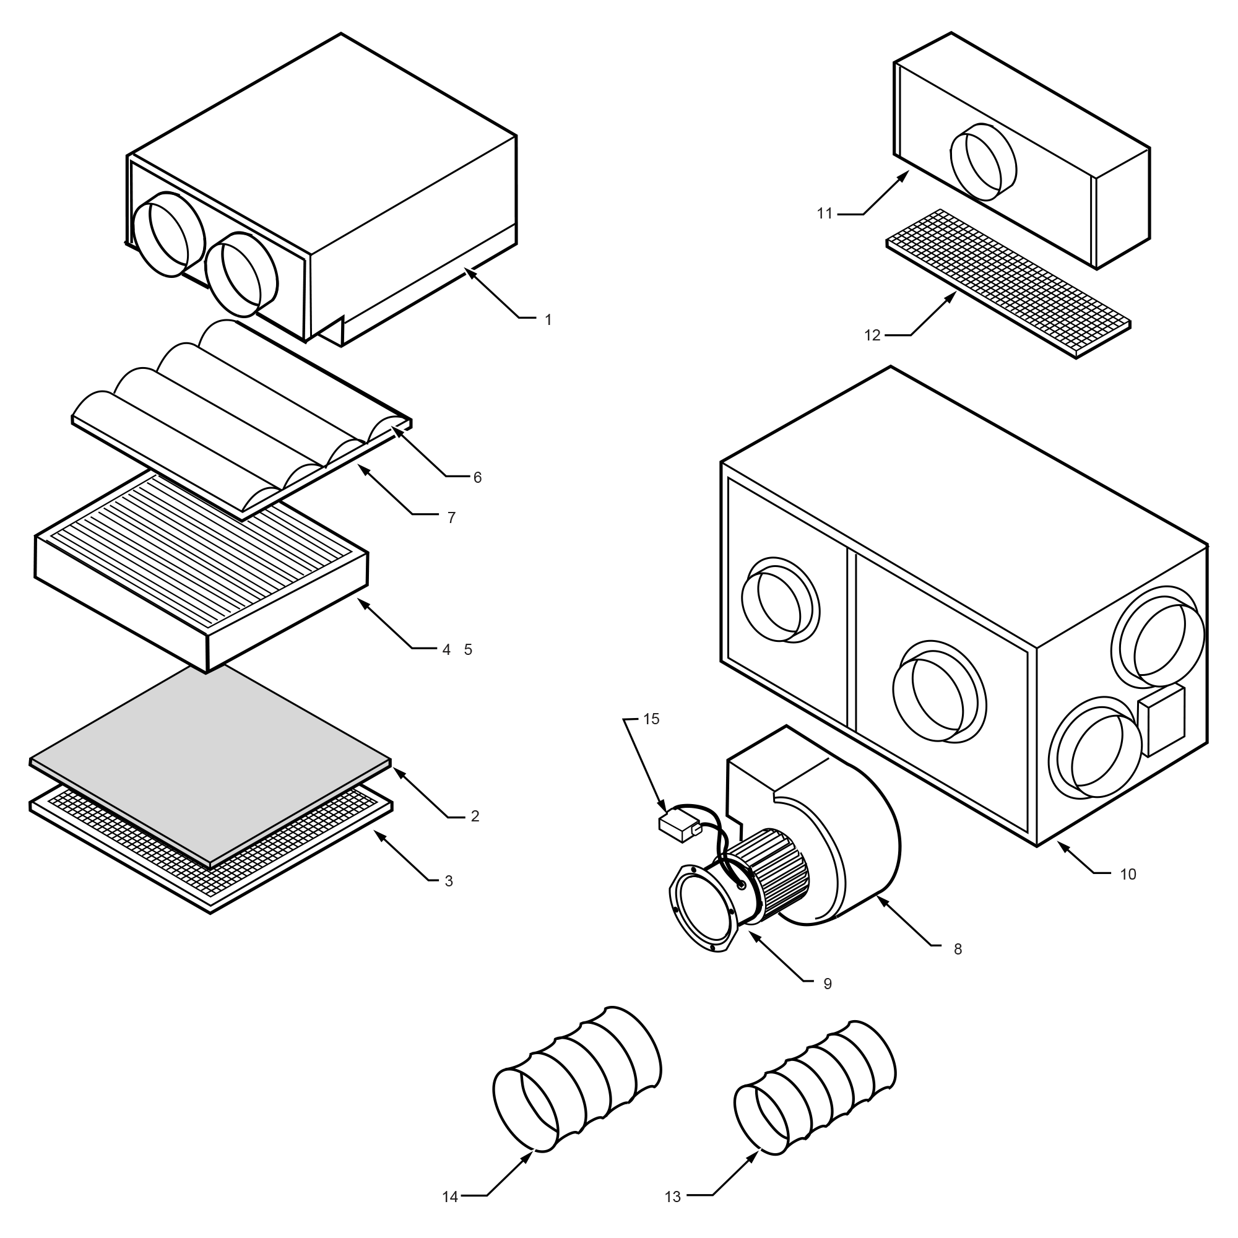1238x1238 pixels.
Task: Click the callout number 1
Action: click(x=548, y=320)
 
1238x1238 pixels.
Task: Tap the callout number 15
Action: click(x=651, y=719)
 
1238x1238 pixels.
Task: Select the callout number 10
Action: click(x=1128, y=874)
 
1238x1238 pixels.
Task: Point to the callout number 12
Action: click(x=872, y=335)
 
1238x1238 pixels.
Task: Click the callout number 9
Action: click(x=827, y=984)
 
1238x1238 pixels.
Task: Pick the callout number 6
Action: click(x=477, y=477)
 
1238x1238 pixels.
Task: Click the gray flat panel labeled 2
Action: click(x=212, y=763)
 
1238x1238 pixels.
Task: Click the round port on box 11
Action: click(x=984, y=162)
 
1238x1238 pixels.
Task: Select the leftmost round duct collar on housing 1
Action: click(x=168, y=235)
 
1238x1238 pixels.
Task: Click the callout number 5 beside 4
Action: click(x=468, y=650)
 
